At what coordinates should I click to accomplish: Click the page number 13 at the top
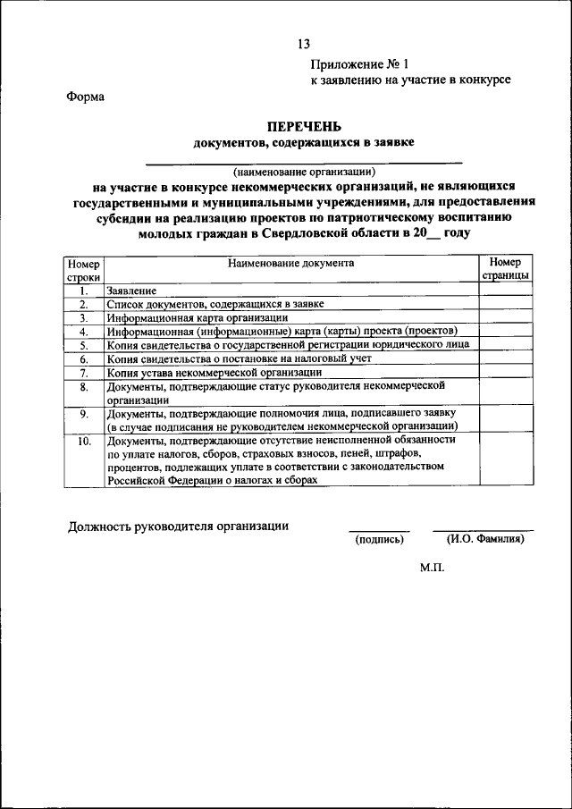[x=304, y=45]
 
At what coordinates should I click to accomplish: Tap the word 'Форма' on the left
[x=86, y=97]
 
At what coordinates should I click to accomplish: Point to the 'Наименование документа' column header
[x=290, y=263]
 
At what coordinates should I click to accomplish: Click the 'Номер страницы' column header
[x=505, y=269]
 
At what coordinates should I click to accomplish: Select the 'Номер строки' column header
[x=84, y=271]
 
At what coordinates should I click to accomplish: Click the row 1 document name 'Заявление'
[x=132, y=291]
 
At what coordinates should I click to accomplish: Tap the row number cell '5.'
[x=84, y=344]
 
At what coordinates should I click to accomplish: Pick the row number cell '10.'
[x=84, y=441]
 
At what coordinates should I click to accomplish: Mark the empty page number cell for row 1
[x=505, y=291]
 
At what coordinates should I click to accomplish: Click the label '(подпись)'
[x=379, y=540]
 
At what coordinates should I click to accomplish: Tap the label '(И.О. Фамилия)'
[x=484, y=540]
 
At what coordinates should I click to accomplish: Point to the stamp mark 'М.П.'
[x=432, y=567]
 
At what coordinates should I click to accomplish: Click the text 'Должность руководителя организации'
[x=179, y=526]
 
